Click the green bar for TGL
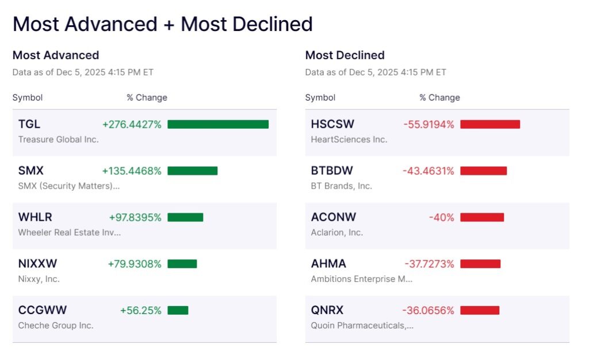pyautogui.click(x=218, y=124)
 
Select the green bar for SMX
pyautogui.click(x=193, y=171)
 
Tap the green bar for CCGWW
pyautogui.click(x=178, y=311)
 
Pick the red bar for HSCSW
pyautogui.click(x=490, y=124)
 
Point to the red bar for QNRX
pyautogui.click(x=480, y=311)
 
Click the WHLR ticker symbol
pyautogui.click(x=35, y=217)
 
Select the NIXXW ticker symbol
pyautogui.click(x=38, y=264)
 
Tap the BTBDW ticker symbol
pyautogui.click(x=332, y=171)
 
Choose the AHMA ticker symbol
pyautogui.click(x=328, y=264)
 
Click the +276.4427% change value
pyautogui.click(x=132, y=124)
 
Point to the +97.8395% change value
pyautogui.click(x=135, y=217)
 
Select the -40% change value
pyautogui.click(x=441, y=217)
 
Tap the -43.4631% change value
pyautogui.click(x=429, y=171)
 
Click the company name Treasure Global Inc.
pyautogui.click(x=58, y=139)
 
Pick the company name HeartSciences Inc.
pyautogui.click(x=349, y=139)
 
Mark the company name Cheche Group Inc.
pyautogui.click(x=56, y=325)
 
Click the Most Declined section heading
pyautogui.click(x=345, y=55)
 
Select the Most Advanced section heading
pyautogui.click(x=56, y=55)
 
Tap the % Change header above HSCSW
pyautogui.click(x=439, y=98)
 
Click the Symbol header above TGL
pyautogui.click(x=28, y=98)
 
